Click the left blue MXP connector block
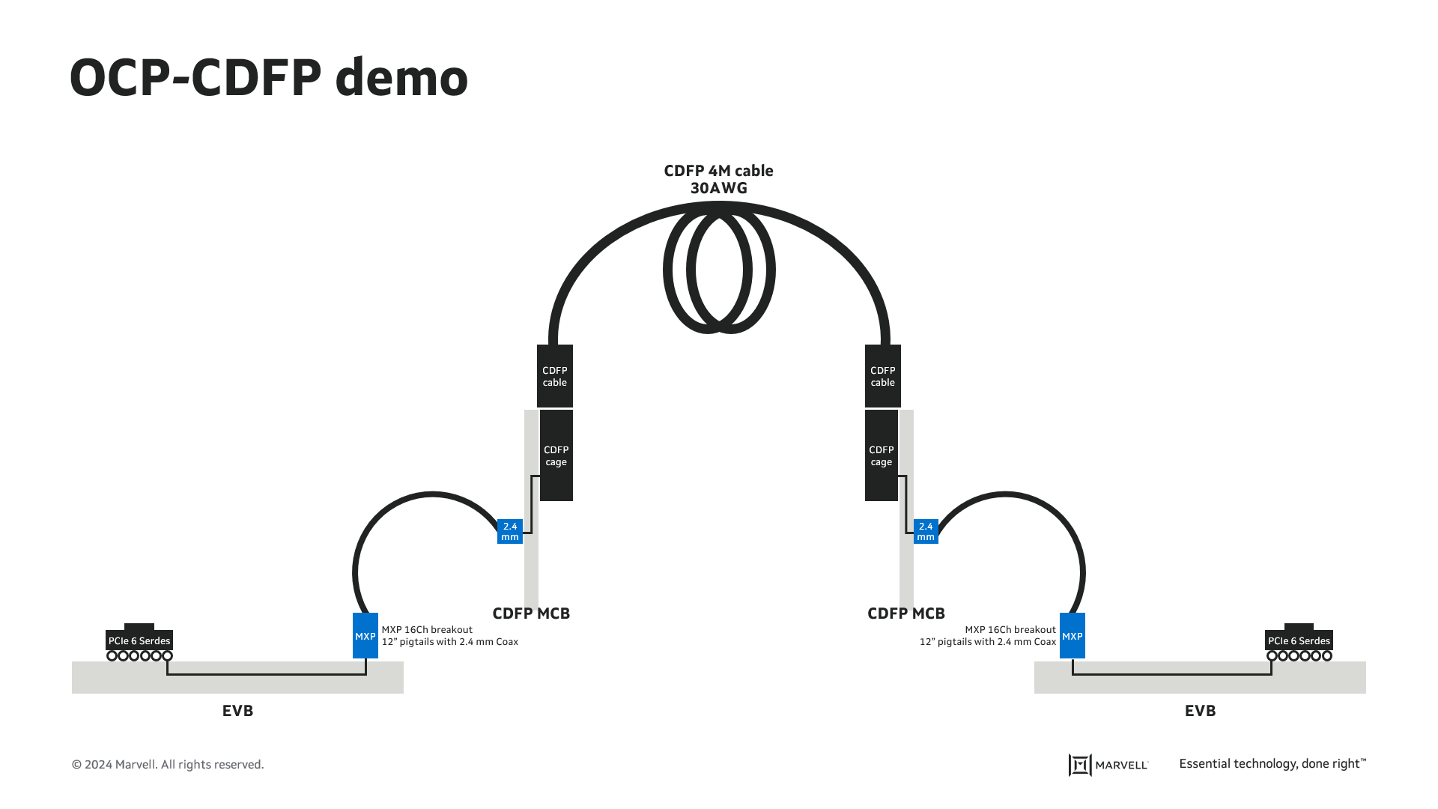(365, 636)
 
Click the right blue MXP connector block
(1072, 636)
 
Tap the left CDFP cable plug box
(554, 376)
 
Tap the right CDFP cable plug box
(882, 376)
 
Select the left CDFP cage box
(556, 455)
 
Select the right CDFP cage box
(881, 455)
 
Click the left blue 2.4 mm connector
(509, 532)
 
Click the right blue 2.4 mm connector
(926, 532)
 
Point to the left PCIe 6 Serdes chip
(139, 640)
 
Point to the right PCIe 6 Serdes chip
(1299, 640)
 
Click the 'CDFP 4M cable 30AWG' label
(718, 179)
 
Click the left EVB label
(237, 711)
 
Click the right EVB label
(1200, 711)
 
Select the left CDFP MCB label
(531, 613)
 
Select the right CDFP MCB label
(905, 613)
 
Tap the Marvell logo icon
(1079, 765)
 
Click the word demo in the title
(401, 78)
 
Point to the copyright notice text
(168, 765)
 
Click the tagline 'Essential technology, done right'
(1272, 764)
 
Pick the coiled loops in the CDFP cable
(719, 271)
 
